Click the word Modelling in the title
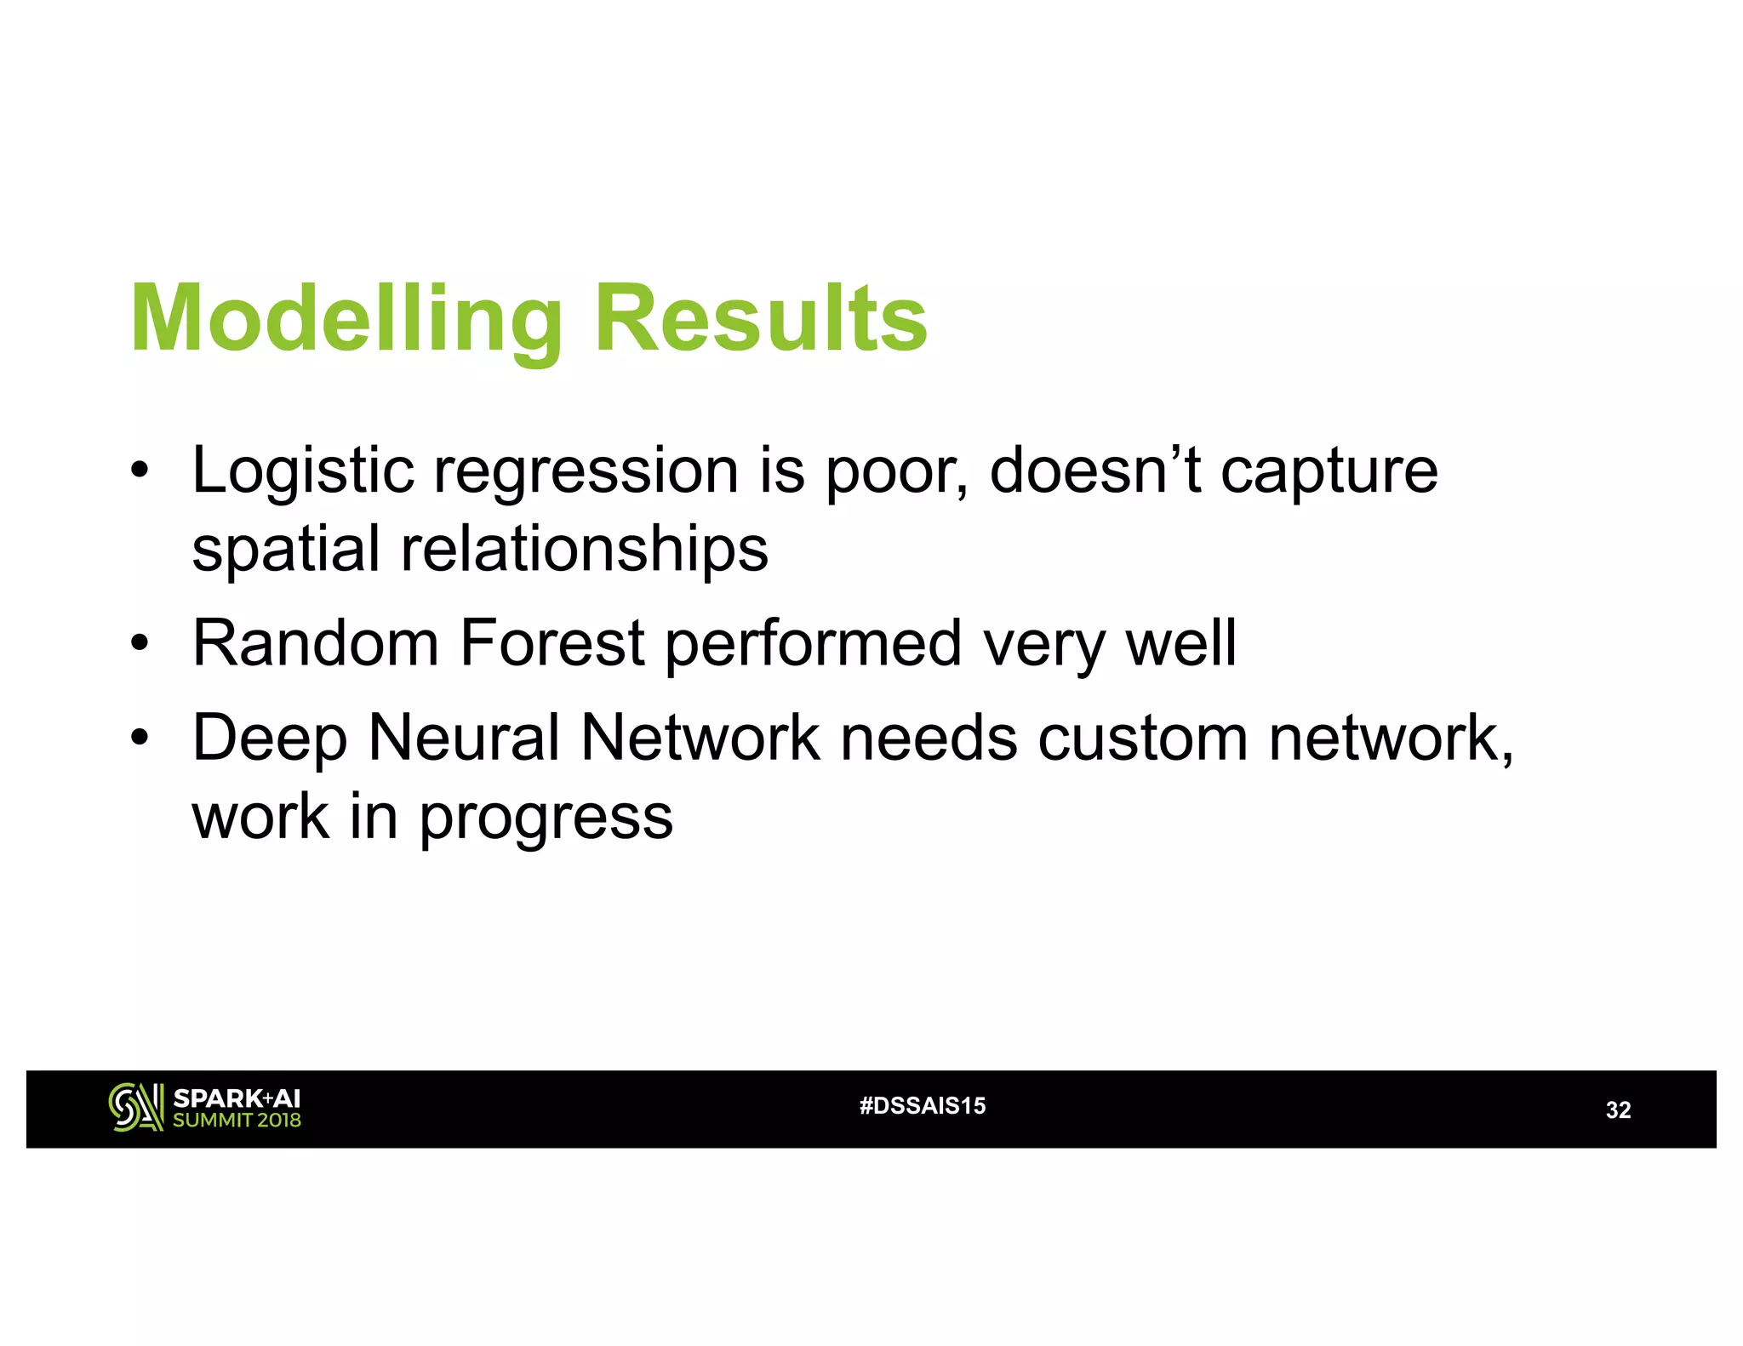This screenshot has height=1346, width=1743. coord(346,319)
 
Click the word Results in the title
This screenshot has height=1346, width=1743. coord(760,319)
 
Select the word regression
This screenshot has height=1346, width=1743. coord(586,471)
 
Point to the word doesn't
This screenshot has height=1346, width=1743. coord(1094,470)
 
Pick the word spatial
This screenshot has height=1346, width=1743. coord(285,550)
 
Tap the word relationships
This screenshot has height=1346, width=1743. coord(585,550)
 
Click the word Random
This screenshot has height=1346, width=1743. coord(316,643)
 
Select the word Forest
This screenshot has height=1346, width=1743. coord(551,643)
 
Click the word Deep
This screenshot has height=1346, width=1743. coord(269,739)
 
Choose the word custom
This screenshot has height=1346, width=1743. coord(1142,737)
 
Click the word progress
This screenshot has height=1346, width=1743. coord(546,817)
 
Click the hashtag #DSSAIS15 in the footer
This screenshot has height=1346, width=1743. coord(923,1106)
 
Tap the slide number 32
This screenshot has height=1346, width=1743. coord(1618,1110)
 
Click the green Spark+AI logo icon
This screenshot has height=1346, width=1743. coord(135,1107)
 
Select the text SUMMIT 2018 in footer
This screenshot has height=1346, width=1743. coord(237,1121)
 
